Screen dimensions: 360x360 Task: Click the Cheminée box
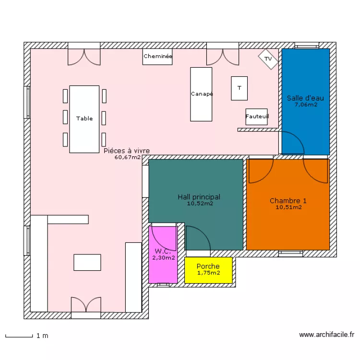click(157, 57)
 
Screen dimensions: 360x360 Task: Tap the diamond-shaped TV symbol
click(268, 59)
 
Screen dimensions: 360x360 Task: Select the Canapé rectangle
click(201, 94)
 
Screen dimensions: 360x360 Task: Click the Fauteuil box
click(256, 117)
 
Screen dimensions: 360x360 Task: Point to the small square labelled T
click(239, 88)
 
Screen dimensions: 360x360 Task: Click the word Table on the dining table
click(84, 119)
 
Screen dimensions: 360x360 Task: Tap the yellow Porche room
click(208, 270)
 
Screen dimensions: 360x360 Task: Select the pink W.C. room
click(163, 255)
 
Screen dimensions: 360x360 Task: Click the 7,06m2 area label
click(306, 105)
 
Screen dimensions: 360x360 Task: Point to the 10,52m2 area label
click(200, 204)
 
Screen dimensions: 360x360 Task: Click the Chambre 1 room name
click(288, 201)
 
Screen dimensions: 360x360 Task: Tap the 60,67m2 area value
click(127, 157)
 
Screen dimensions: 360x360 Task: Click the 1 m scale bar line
click(19, 337)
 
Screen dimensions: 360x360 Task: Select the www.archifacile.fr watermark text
click(326, 335)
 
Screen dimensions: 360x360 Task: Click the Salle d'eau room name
click(305, 98)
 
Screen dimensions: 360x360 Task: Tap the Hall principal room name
click(199, 197)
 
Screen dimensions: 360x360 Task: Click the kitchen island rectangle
click(87, 262)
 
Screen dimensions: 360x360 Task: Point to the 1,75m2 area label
click(208, 273)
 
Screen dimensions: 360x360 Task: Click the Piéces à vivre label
click(127, 151)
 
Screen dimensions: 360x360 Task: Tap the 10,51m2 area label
click(288, 207)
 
